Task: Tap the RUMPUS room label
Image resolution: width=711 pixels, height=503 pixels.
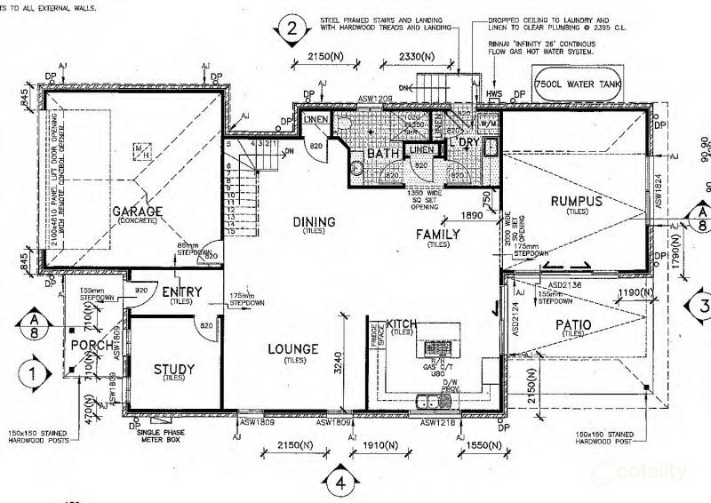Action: click(576, 201)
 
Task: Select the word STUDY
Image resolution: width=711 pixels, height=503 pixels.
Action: click(175, 370)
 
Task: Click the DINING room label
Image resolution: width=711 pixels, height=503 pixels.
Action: click(314, 221)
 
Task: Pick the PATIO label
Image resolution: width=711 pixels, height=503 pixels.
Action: click(573, 325)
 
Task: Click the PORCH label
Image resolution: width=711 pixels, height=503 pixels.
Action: click(92, 345)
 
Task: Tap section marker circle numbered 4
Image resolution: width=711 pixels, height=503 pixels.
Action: click(340, 483)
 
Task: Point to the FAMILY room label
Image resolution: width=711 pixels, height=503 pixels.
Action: click(439, 235)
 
